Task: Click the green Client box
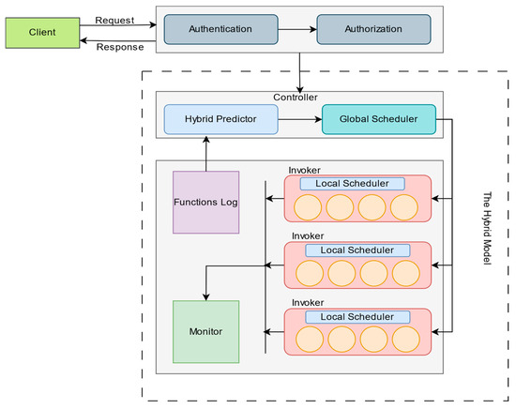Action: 42,33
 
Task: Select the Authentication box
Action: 220,29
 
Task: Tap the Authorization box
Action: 373,29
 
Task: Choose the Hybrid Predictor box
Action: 220,119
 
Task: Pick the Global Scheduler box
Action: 379,119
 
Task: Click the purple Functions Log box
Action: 206,202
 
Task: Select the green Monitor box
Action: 206,332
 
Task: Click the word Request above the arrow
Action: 114,21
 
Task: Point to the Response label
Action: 120,47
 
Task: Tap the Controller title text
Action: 296,98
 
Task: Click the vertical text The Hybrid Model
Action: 487,228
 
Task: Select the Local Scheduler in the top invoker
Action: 352,184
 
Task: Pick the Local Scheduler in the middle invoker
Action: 357,250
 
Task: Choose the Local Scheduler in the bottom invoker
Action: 357,317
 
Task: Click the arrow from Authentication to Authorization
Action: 297,30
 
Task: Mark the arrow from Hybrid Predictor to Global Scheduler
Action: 300,119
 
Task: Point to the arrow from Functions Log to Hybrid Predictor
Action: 206,153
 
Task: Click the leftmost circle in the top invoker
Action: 308,207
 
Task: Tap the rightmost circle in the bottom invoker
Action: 405,340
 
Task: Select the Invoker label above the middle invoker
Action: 308,236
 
